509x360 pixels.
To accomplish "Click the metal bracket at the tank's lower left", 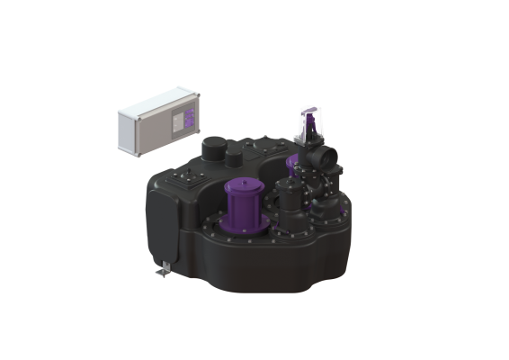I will (x=163, y=267).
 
